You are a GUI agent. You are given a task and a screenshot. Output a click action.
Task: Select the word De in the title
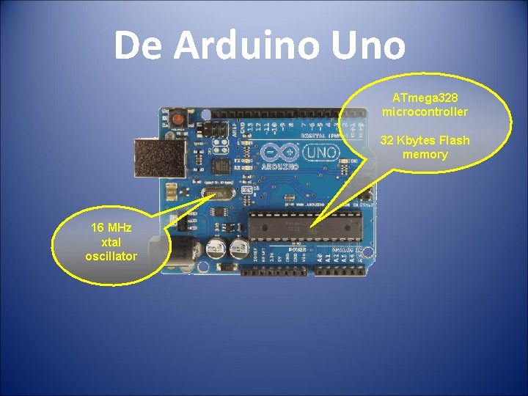(x=139, y=46)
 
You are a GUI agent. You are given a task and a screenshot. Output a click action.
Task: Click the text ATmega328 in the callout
(x=425, y=98)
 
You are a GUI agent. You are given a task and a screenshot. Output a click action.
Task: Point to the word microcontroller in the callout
(x=425, y=111)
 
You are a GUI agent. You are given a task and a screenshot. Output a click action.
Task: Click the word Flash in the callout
(x=454, y=140)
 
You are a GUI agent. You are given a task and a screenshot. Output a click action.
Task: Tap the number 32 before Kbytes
(x=387, y=140)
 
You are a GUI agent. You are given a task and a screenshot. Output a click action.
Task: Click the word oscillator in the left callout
(x=111, y=256)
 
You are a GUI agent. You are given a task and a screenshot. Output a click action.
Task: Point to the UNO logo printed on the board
(x=320, y=153)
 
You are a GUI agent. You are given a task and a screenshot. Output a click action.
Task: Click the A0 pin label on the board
(x=320, y=257)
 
